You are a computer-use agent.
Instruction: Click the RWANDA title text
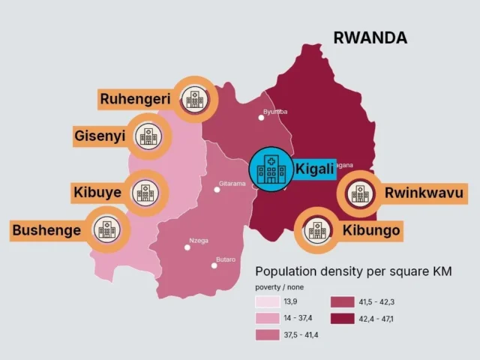click(370, 37)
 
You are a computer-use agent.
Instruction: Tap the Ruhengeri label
click(136, 98)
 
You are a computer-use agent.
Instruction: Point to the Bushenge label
click(46, 229)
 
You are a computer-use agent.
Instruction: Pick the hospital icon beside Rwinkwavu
click(360, 193)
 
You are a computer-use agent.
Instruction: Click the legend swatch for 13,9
click(267, 303)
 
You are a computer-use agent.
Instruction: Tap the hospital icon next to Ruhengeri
click(196, 98)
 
